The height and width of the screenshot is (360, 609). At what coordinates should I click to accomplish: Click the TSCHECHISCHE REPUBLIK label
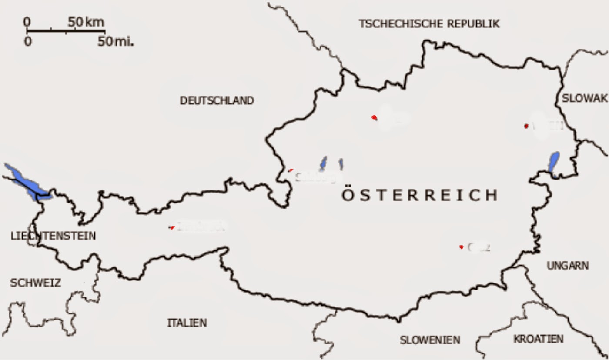pyautogui.click(x=429, y=24)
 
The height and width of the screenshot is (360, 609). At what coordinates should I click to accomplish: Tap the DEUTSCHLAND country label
pyautogui.click(x=217, y=101)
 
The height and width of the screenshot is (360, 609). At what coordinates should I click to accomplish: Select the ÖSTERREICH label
pyautogui.click(x=419, y=195)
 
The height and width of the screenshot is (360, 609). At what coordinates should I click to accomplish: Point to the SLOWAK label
pyautogui.click(x=584, y=99)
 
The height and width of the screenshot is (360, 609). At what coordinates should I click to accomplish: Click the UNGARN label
pyautogui.click(x=568, y=266)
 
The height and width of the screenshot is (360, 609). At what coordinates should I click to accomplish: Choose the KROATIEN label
pyautogui.click(x=538, y=339)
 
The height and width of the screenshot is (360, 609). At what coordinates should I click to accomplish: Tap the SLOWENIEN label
pyautogui.click(x=430, y=340)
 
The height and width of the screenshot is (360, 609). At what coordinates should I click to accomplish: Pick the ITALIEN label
pyautogui.click(x=187, y=323)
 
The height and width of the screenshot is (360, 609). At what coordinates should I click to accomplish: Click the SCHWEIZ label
pyautogui.click(x=35, y=283)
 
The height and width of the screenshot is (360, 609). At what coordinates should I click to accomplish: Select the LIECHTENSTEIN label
pyautogui.click(x=53, y=236)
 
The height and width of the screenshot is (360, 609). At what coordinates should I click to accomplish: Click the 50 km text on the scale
pyautogui.click(x=86, y=22)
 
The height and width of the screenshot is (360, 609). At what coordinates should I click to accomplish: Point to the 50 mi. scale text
pyautogui.click(x=116, y=42)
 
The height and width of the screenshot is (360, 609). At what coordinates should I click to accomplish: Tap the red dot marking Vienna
pyautogui.click(x=526, y=126)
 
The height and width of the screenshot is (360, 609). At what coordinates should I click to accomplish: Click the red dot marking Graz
pyautogui.click(x=461, y=247)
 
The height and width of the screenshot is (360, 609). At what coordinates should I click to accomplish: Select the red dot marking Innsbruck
pyautogui.click(x=172, y=227)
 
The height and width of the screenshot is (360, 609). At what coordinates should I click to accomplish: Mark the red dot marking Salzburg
pyautogui.click(x=291, y=170)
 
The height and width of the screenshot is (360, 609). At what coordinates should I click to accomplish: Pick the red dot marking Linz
pyautogui.click(x=374, y=117)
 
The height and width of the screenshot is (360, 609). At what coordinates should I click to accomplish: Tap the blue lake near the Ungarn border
pyautogui.click(x=554, y=163)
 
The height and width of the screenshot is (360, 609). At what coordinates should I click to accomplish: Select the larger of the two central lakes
pyautogui.click(x=324, y=163)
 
